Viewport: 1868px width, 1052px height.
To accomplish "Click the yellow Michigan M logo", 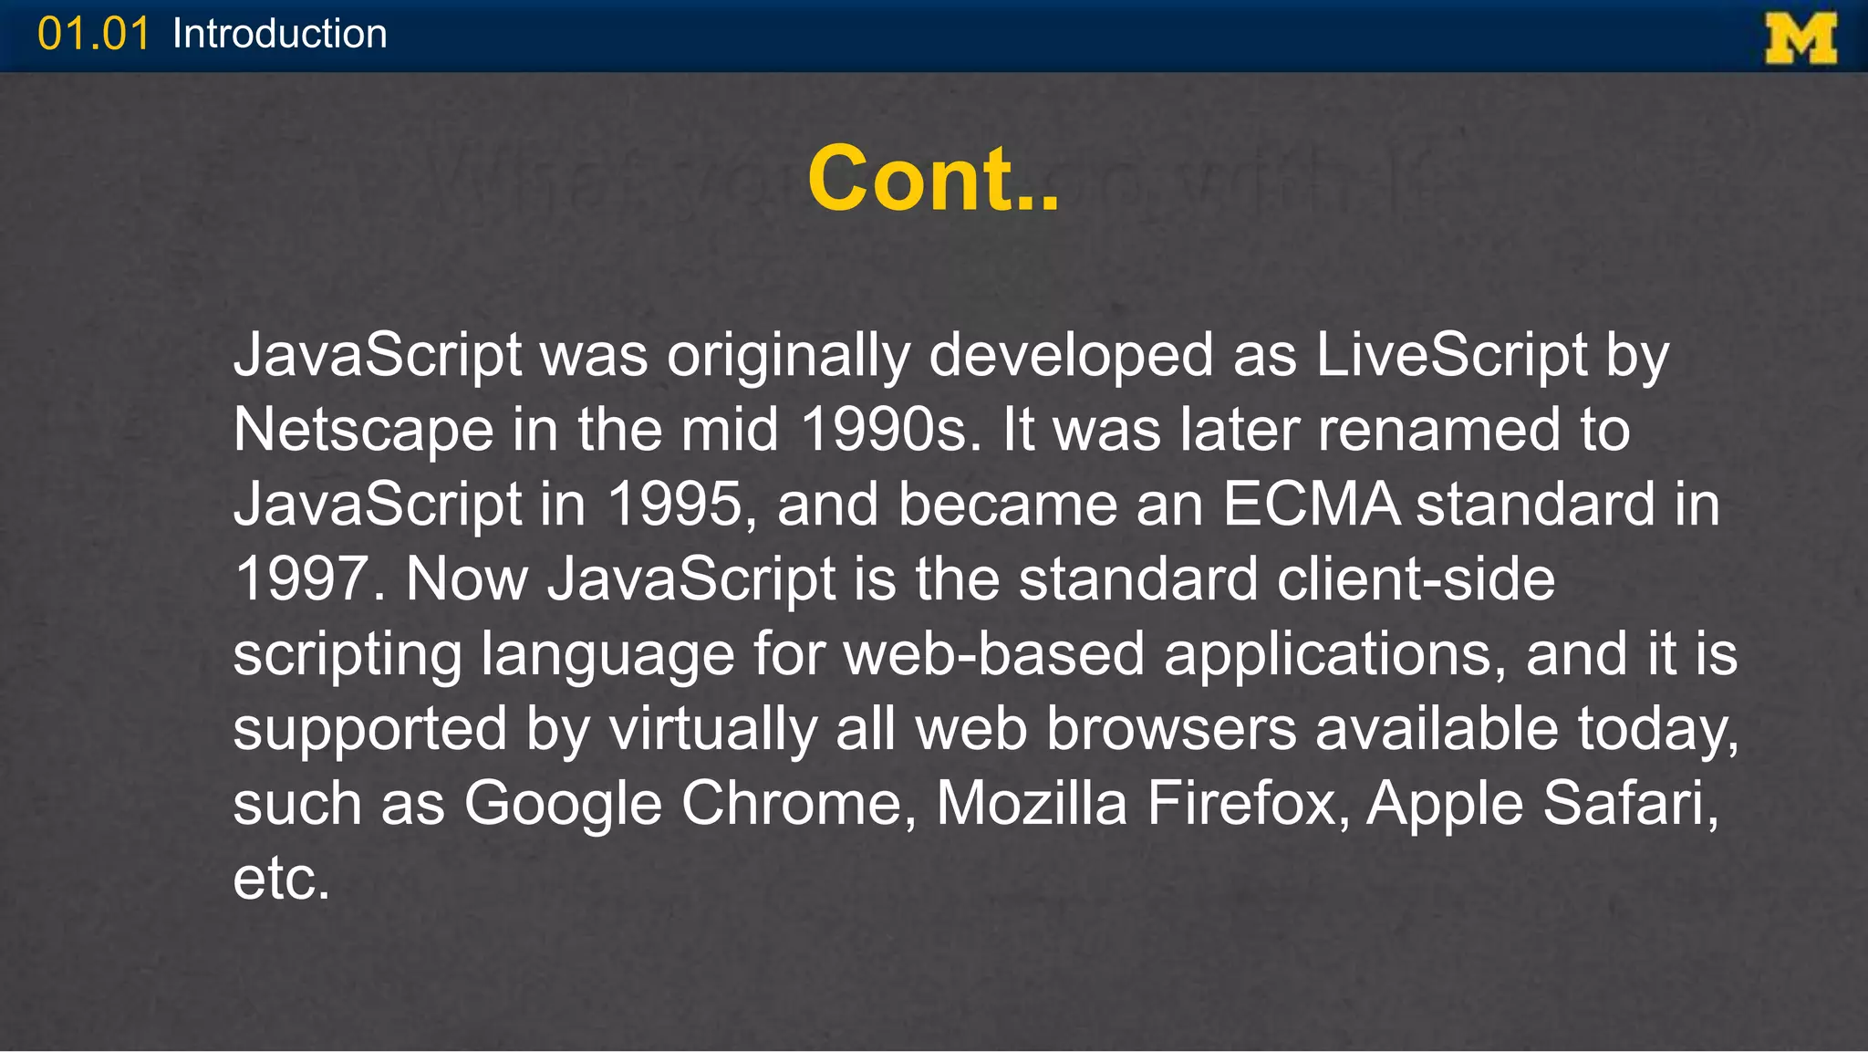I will [1801, 37].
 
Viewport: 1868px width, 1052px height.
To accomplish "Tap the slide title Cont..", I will [933, 179].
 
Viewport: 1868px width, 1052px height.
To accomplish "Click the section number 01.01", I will [93, 35].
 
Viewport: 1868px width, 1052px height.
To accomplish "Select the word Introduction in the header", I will [279, 35].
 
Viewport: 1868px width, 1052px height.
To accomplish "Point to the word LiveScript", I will [1451, 355].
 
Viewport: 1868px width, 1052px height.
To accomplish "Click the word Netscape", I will [363, 430].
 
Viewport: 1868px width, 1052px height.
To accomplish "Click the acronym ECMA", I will [1311, 505].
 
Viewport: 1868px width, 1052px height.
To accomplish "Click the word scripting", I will [347, 655].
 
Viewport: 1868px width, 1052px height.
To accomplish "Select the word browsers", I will [1171, 729].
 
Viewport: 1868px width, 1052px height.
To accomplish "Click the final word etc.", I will [280, 879].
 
